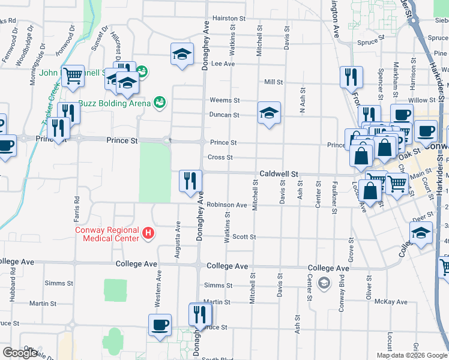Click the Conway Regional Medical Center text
[x=107, y=234]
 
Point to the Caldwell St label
[x=279, y=174]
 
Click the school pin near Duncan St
[x=269, y=113]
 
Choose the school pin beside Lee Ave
[x=182, y=55]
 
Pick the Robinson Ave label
[x=227, y=205]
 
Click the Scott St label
[x=244, y=237]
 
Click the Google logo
[x=20, y=353]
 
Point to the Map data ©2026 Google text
[x=411, y=355]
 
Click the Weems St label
[x=224, y=100]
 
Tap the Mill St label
[x=273, y=82]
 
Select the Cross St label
[x=220, y=158]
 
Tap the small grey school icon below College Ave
[x=324, y=282]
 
